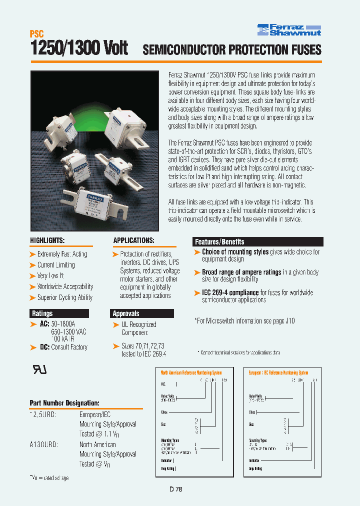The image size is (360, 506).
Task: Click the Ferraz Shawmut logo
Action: coord(289,29)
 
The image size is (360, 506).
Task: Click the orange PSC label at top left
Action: coord(37,34)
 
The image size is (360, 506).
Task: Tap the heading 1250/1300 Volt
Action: coord(79,48)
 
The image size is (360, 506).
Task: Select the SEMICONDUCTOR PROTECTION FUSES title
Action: coord(232,49)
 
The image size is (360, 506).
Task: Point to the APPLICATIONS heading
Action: coord(133,240)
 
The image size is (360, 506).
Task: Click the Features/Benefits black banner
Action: coord(219,241)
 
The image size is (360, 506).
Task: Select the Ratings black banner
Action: coord(42,313)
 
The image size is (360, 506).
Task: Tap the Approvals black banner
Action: coord(126,313)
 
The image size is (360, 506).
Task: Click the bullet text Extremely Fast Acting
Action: coord(62,254)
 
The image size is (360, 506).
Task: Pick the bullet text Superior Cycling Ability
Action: coord(64,297)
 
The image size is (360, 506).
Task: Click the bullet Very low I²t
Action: coord(50,275)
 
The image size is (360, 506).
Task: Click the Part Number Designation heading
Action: coord(64,402)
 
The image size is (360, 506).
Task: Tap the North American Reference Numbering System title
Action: coord(191,372)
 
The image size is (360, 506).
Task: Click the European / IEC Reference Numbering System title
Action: coord(278,372)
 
